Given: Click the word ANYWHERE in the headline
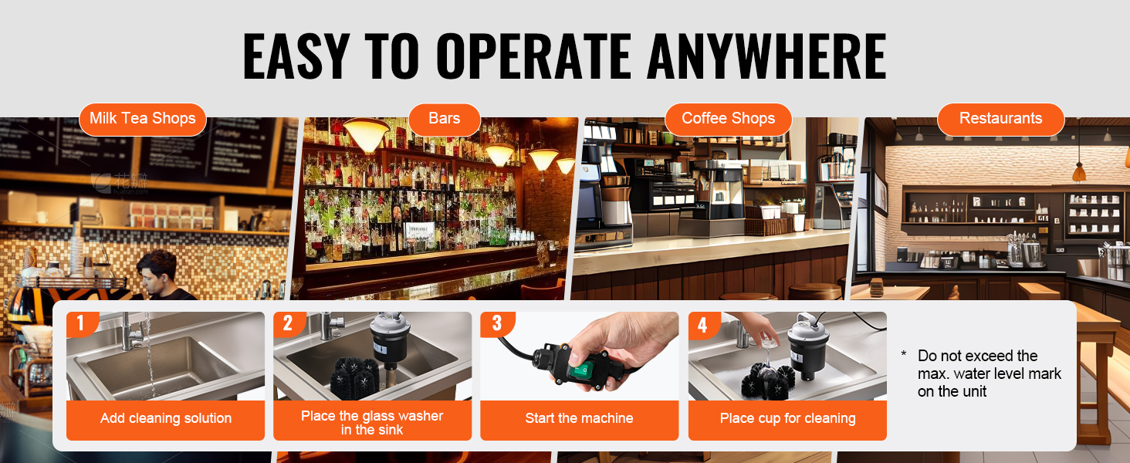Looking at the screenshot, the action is click(766, 56).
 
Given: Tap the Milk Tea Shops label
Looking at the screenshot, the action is click(143, 119).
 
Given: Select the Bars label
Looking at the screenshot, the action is click(444, 119).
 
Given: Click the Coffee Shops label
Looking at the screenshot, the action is click(729, 119).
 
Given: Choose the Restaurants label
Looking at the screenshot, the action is click(1001, 119).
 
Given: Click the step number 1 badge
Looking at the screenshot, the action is click(81, 323).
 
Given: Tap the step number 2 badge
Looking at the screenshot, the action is click(288, 323).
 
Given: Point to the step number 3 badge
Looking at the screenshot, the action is click(496, 323).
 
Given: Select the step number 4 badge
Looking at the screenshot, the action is click(702, 325).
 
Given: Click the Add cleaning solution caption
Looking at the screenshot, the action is click(165, 418).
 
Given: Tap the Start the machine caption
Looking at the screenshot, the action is click(579, 418).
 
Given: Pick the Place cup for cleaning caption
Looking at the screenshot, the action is click(787, 418).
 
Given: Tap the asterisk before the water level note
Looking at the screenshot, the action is click(904, 354).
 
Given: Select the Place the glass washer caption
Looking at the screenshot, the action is click(372, 423).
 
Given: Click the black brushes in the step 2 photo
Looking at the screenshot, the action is click(354, 378).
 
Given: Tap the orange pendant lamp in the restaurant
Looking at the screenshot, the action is click(1079, 173).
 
